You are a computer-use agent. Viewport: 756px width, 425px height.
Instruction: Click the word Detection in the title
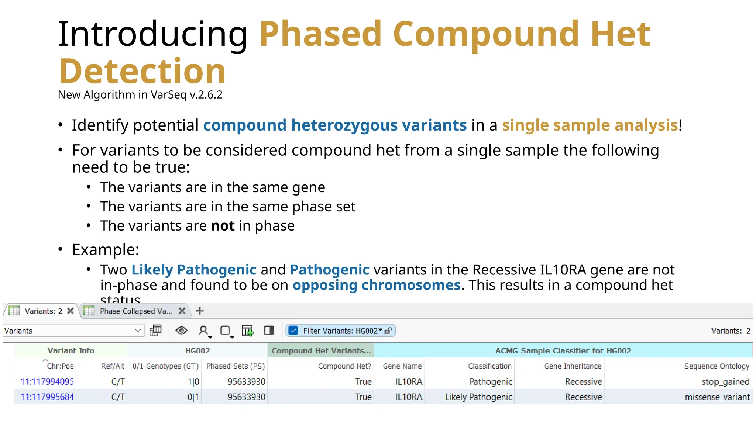click(x=142, y=71)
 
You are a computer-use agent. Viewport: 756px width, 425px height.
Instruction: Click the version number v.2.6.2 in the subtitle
click(x=206, y=95)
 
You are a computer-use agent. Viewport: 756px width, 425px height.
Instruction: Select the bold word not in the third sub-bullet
click(x=223, y=226)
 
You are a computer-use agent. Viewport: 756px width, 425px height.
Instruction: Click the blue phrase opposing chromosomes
click(x=376, y=285)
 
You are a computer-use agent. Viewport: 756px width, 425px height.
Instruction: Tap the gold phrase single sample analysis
click(x=590, y=125)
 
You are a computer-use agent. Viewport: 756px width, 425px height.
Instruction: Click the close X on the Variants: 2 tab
click(x=70, y=311)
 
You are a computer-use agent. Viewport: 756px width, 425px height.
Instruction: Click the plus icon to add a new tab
click(x=200, y=311)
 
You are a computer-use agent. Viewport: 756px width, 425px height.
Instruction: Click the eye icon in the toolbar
click(x=181, y=331)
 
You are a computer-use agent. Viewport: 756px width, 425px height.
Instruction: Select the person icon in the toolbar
click(x=203, y=331)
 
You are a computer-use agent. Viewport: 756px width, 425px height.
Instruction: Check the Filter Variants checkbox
click(x=293, y=331)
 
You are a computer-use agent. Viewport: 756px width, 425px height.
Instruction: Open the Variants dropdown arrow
click(x=138, y=331)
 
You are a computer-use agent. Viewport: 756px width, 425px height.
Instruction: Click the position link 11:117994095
click(x=47, y=381)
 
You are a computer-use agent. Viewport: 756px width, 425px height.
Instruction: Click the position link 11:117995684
click(x=47, y=397)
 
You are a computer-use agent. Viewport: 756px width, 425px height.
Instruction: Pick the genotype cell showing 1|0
click(x=193, y=381)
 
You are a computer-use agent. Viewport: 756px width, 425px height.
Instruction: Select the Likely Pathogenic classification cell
click(x=478, y=397)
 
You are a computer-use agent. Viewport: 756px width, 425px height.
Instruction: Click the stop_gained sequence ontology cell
click(x=725, y=381)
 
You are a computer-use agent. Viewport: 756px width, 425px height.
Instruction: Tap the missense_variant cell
click(x=717, y=397)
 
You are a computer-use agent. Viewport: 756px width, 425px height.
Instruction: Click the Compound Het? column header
click(x=344, y=366)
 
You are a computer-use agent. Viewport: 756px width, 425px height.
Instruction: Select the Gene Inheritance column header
click(x=573, y=366)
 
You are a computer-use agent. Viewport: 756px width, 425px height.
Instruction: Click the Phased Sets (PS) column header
click(x=235, y=366)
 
